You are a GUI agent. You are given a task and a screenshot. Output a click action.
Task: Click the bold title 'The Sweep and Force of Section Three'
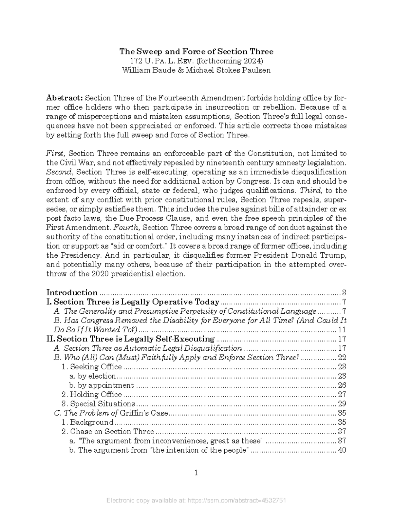196,51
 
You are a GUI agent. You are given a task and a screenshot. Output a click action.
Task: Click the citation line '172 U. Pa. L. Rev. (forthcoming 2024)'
196,61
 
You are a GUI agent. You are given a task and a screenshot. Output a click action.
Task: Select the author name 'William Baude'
146,70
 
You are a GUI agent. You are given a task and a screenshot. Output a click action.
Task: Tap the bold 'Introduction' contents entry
72,292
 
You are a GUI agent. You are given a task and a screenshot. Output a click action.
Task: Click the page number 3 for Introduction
344,293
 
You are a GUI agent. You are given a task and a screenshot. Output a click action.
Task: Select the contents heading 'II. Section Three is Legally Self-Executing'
131,339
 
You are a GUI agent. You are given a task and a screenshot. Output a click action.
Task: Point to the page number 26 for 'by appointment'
342,385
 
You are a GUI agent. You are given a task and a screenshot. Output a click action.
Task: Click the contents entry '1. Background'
88,422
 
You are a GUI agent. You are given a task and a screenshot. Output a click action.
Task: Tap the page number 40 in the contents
342,450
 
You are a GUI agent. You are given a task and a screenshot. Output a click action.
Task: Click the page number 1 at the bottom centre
196,473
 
